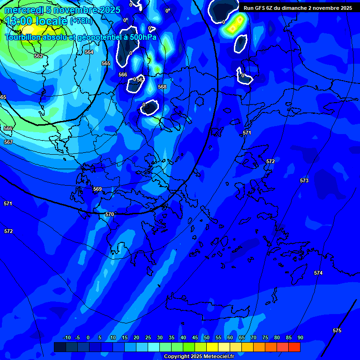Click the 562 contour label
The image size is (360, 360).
click(x=38, y=56)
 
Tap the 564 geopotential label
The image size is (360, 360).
click(x=89, y=52)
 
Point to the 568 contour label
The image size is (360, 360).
click(x=162, y=87)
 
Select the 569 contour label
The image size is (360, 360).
click(x=97, y=189)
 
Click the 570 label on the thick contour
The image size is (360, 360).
click(x=110, y=214)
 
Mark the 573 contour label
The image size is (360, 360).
click(x=304, y=180)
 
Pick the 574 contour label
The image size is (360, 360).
click(x=318, y=273)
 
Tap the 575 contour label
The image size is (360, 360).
click(x=337, y=330)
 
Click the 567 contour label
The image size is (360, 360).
click(x=8, y=142)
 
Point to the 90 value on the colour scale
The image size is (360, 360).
click(x=300, y=337)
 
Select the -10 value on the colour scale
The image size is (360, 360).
click(x=67, y=337)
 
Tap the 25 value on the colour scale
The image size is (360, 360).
click(x=148, y=337)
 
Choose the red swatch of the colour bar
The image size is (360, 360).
click(x=294, y=347)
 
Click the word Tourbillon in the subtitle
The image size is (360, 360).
click(x=23, y=37)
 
